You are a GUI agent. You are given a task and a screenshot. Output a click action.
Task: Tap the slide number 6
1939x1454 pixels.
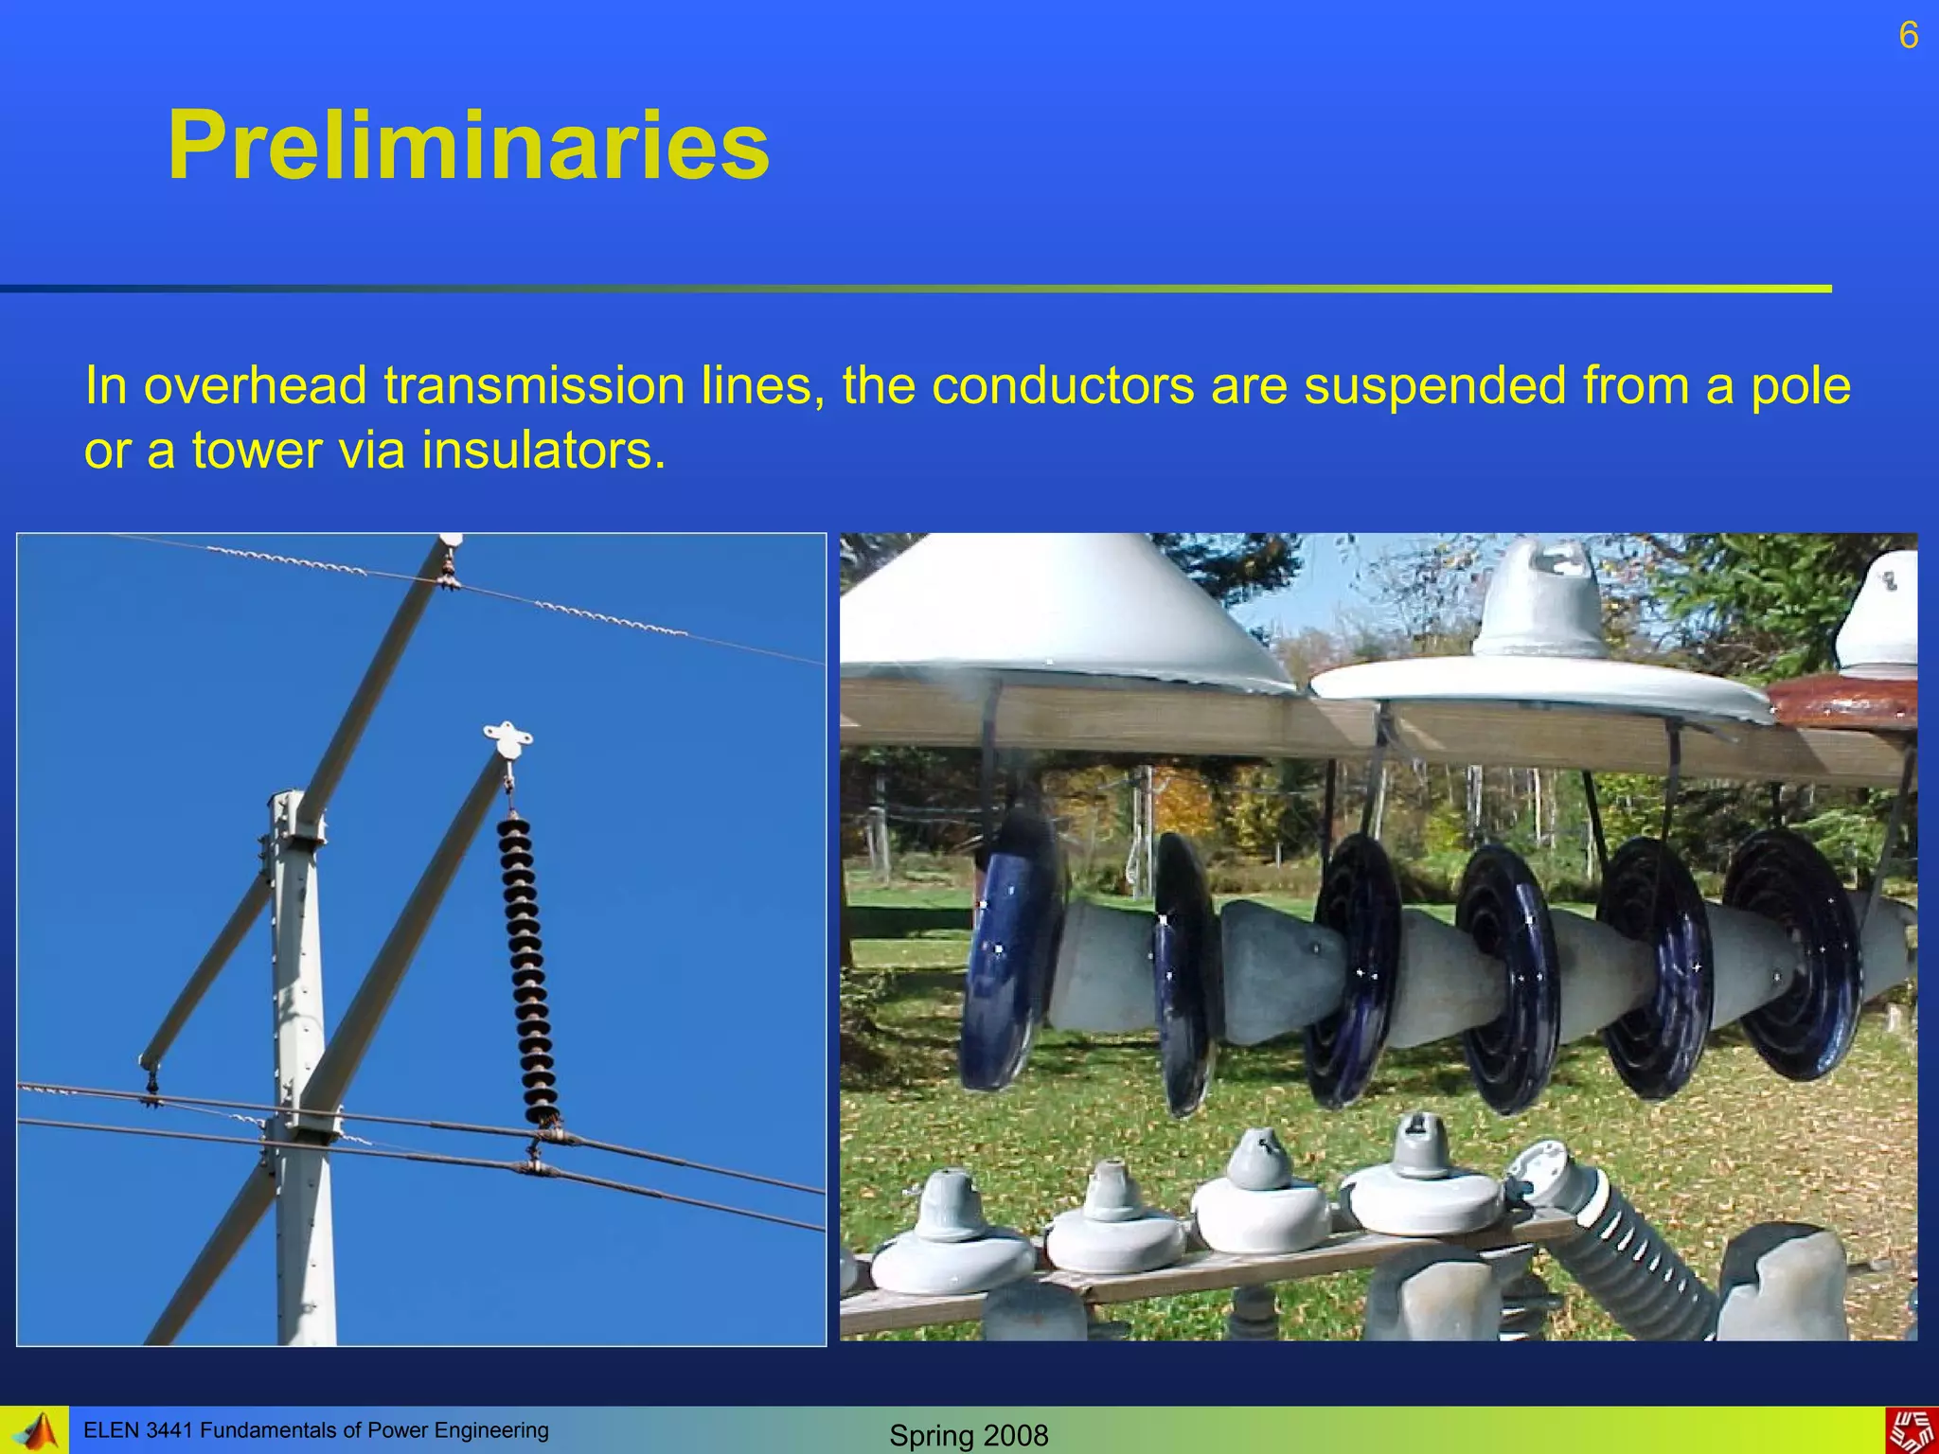click(x=1908, y=36)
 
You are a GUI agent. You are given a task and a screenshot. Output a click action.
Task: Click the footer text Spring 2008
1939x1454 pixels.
click(x=969, y=1435)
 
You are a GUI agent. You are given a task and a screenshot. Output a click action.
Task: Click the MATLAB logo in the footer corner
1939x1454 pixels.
click(x=36, y=1431)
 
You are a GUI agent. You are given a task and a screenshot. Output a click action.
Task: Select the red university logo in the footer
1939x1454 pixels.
click(x=1912, y=1431)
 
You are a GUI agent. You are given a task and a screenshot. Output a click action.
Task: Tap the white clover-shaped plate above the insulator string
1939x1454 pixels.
click(x=507, y=737)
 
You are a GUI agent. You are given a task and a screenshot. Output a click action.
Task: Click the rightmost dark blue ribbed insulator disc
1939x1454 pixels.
click(x=1789, y=956)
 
